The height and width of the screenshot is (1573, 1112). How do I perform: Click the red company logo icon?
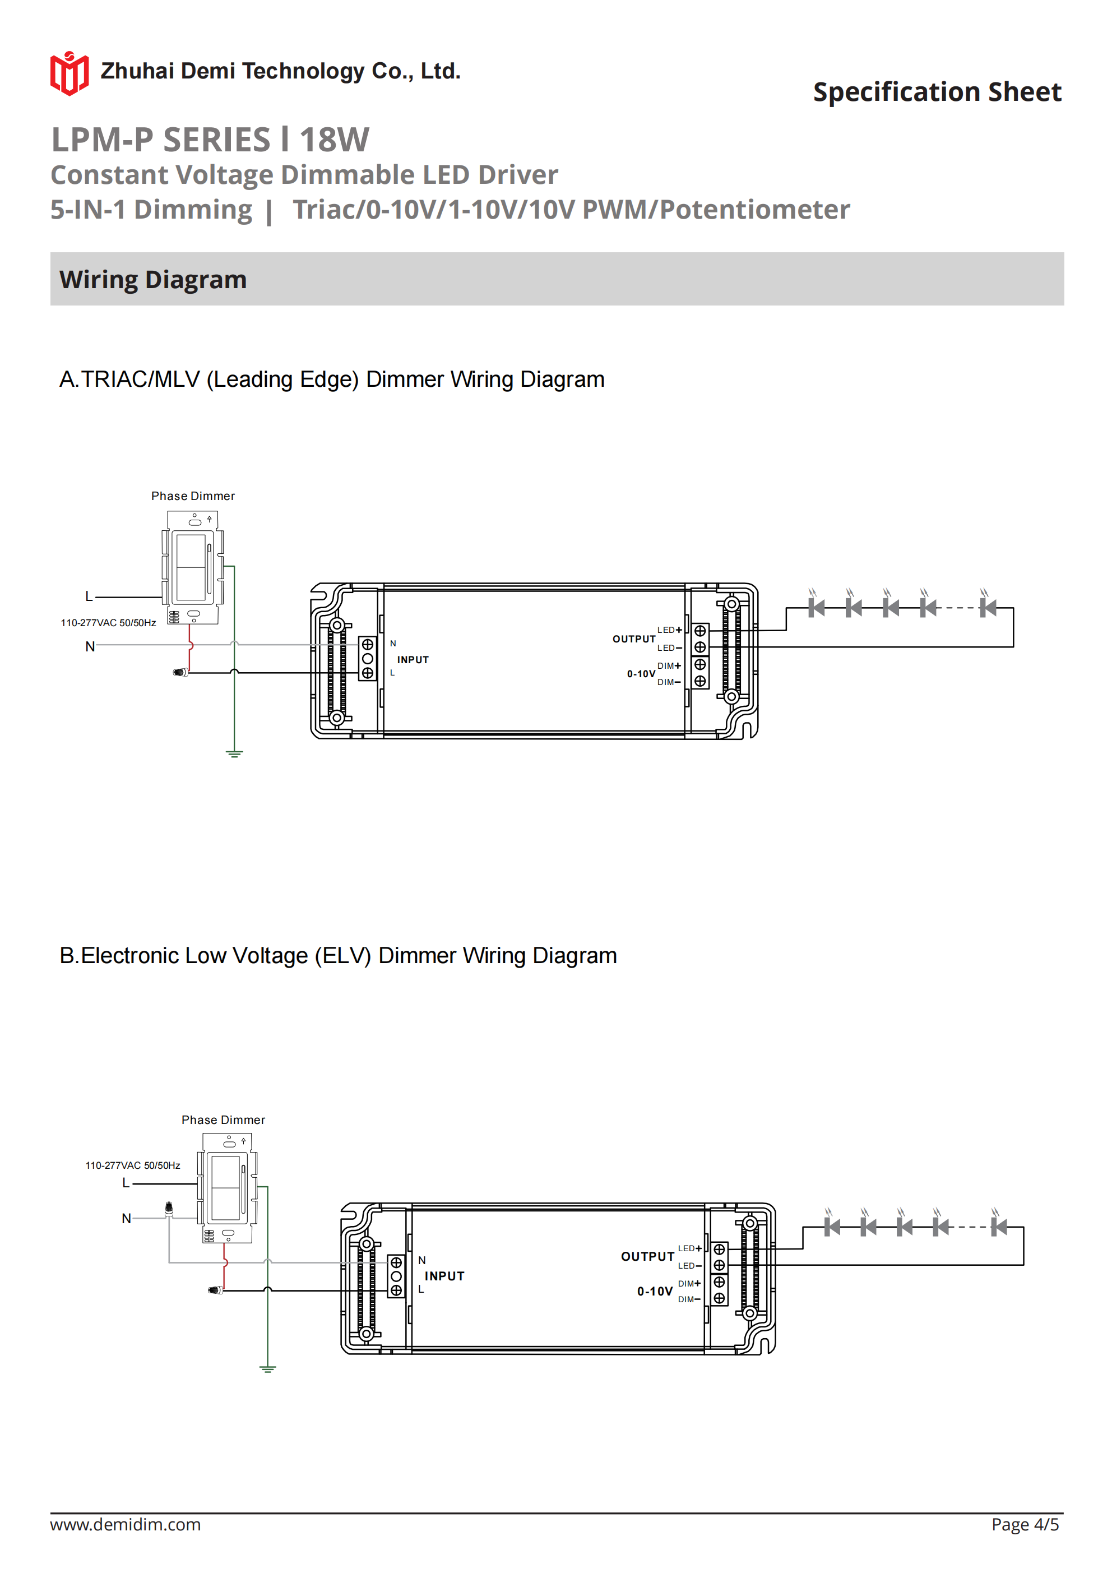pyautogui.click(x=69, y=73)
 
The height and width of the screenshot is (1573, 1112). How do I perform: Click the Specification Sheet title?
pyautogui.click(x=937, y=92)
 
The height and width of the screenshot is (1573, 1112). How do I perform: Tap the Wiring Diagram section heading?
pyautogui.click(x=153, y=280)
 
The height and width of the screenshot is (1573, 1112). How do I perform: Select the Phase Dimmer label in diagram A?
pyautogui.click(x=193, y=496)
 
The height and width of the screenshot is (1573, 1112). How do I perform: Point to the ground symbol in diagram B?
pyautogui.click(x=267, y=1369)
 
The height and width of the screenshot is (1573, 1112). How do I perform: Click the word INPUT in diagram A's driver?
pyautogui.click(x=413, y=660)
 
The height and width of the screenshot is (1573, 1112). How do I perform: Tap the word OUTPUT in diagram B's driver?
pyautogui.click(x=647, y=1256)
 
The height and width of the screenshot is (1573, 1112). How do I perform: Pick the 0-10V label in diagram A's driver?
pyautogui.click(x=641, y=674)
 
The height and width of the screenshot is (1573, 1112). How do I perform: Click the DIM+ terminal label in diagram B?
pyautogui.click(x=689, y=1283)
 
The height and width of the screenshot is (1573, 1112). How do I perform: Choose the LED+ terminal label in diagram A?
pyautogui.click(x=669, y=630)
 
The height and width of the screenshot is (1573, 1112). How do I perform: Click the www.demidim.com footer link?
pyautogui.click(x=126, y=1524)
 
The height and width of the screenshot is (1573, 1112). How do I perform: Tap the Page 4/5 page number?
pyautogui.click(x=1025, y=1524)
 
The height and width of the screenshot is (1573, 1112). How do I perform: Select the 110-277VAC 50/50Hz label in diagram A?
pyautogui.click(x=108, y=623)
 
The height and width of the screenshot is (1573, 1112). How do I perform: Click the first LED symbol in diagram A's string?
pyautogui.click(x=816, y=607)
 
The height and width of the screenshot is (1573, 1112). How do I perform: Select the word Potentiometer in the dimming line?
pyautogui.click(x=754, y=210)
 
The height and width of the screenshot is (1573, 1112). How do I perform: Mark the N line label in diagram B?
pyautogui.click(x=126, y=1218)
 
